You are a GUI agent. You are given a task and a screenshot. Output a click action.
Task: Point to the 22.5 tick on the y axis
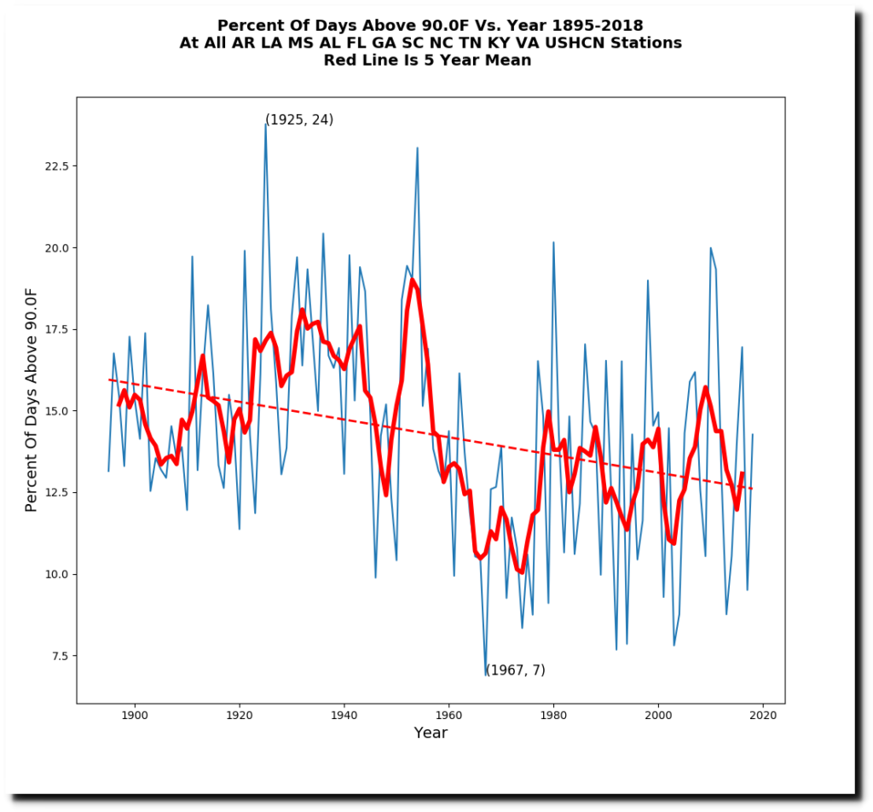tap(56, 165)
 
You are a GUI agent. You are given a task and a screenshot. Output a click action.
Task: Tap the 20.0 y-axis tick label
tap(56, 247)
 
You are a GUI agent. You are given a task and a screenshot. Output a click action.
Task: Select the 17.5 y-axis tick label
tap(56, 329)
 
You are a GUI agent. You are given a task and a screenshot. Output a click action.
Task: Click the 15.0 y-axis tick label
tap(56, 410)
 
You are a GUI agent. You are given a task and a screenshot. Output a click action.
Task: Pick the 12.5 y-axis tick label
tap(56, 492)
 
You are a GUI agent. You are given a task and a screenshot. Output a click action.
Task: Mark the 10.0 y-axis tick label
tap(56, 574)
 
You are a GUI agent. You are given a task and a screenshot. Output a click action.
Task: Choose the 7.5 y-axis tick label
tap(60, 656)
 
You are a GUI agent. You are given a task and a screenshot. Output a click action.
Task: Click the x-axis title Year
tap(431, 734)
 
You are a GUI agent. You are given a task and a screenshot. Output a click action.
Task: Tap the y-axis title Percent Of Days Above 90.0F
tap(32, 399)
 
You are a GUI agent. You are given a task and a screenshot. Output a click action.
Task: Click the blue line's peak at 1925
tap(266, 124)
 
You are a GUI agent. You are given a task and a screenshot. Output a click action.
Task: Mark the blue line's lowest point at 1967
tap(486, 675)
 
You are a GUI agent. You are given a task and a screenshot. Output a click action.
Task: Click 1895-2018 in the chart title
tap(587, 26)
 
